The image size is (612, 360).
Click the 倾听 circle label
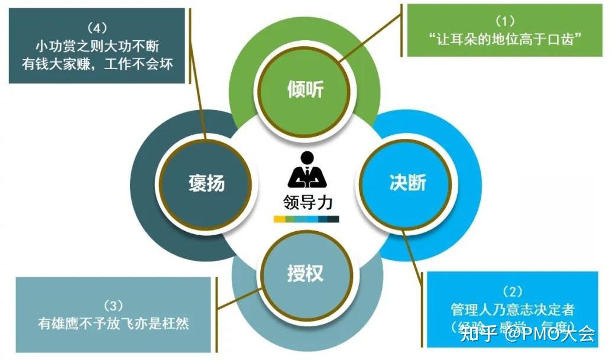pos(305,89)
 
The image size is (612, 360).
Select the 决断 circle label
pos(408,183)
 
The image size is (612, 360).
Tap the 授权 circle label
pos(305,274)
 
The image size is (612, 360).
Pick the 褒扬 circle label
pos(207,183)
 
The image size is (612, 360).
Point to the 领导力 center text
pos(307,203)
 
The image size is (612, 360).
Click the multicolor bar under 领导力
pos(306,219)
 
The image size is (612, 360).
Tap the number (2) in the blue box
pos(512,291)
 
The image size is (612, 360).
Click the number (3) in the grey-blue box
pos(113,306)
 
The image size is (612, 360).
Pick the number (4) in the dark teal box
pos(96,27)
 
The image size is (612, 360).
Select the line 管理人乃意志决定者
pos(512,309)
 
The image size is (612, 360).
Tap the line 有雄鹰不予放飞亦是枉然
pos(113,323)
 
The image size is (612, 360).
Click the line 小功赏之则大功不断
pos(96,45)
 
